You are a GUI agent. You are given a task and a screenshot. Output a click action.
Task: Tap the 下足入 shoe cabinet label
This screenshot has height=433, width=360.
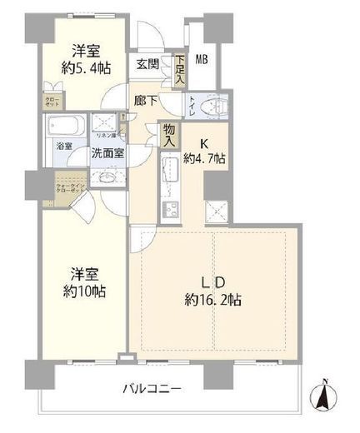[180, 67]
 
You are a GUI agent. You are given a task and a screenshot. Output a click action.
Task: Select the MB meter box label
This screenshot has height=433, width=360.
[202, 58]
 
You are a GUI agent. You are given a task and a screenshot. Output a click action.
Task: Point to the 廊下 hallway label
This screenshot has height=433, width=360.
[146, 100]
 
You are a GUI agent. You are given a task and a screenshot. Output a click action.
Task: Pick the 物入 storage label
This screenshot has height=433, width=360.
[169, 135]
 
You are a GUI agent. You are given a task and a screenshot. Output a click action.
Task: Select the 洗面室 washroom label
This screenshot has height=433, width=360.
[107, 154]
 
